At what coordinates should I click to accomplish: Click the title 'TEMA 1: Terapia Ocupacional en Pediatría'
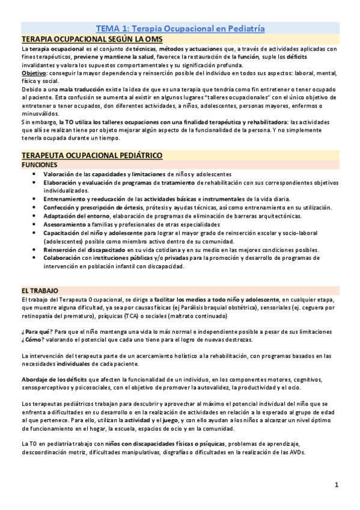[x=180, y=28]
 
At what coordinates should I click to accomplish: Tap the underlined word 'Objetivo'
[x=34, y=73]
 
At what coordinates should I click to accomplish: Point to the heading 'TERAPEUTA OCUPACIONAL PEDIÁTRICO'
[x=91, y=155]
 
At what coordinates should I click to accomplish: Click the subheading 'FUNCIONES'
[x=40, y=164]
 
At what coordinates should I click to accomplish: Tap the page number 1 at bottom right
[x=337, y=484]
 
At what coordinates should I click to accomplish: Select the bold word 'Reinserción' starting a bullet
[x=61, y=250]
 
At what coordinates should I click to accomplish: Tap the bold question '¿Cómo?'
[x=33, y=340]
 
